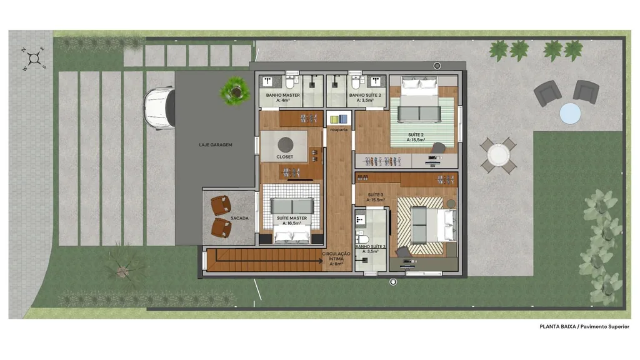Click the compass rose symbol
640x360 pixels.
(x=34, y=59)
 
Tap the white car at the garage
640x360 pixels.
(x=159, y=107)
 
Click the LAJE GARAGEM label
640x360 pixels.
(x=216, y=145)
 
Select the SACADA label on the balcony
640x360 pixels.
(x=239, y=218)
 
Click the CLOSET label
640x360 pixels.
(x=284, y=157)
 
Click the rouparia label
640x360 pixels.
(x=339, y=130)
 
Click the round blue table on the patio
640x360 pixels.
(x=570, y=113)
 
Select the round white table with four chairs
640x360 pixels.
(x=498, y=156)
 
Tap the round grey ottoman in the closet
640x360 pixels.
(x=285, y=144)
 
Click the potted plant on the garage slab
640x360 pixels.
(x=235, y=91)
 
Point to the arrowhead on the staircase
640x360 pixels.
(x=321, y=261)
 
